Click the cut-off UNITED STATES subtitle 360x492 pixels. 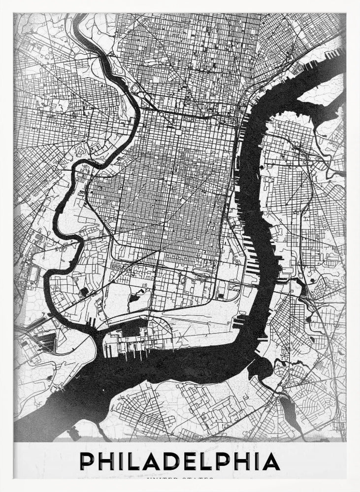point(180,478)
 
